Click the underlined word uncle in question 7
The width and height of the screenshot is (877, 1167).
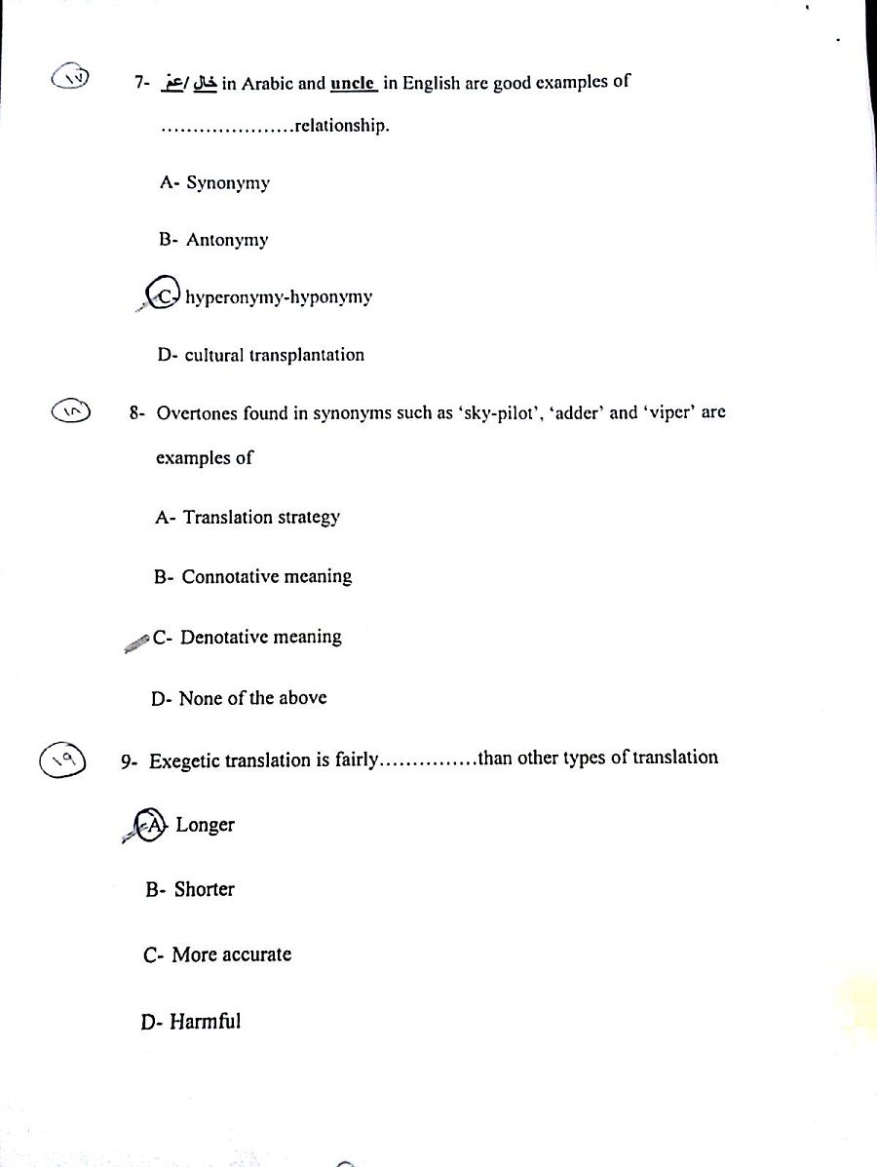pyautogui.click(x=353, y=83)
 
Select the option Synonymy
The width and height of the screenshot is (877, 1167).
pyautogui.click(x=227, y=182)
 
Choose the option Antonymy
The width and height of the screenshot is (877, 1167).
pyautogui.click(x=226, y=240)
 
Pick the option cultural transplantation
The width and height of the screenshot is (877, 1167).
pyautogui.click(x=274, y=355)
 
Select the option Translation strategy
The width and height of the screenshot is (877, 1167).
pyautogui.click(x=260, y=518)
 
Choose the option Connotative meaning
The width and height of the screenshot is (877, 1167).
pyautogui.click(x=266, y=577)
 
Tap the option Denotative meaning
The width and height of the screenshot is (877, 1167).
pyautogui.click(x=260, y=638)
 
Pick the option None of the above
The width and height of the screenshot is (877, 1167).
pyautogui.click(x=252, y=698)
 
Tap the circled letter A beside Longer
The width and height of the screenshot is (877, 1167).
pyautogui.click(x=151, y=825)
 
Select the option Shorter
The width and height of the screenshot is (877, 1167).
pyautogui.click(x=204, y=889)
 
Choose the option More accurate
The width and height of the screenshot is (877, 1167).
pyautogui.click(x=231, y=955)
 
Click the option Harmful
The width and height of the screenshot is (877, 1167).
pyautogui.click(x=205, y=1022)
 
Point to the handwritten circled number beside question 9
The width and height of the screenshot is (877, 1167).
pyautogui.click(x=63, y=759)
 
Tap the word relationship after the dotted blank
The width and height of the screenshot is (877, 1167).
pyautogui.click(x=340, y=126)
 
